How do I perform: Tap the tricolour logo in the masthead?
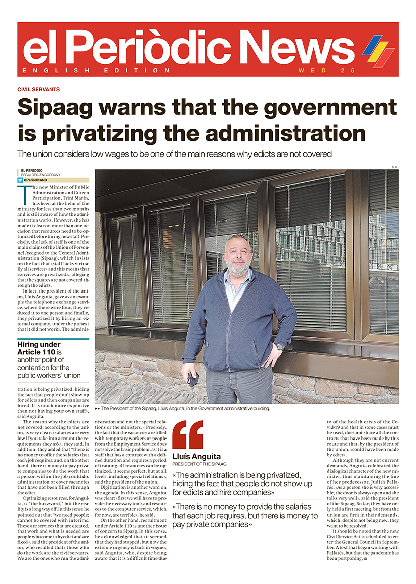(378, 51)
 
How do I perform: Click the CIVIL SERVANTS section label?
(38, 89)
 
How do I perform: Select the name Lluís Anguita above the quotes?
(197, 456)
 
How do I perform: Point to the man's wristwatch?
(280, 347)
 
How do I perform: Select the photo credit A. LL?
(394, 167)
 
